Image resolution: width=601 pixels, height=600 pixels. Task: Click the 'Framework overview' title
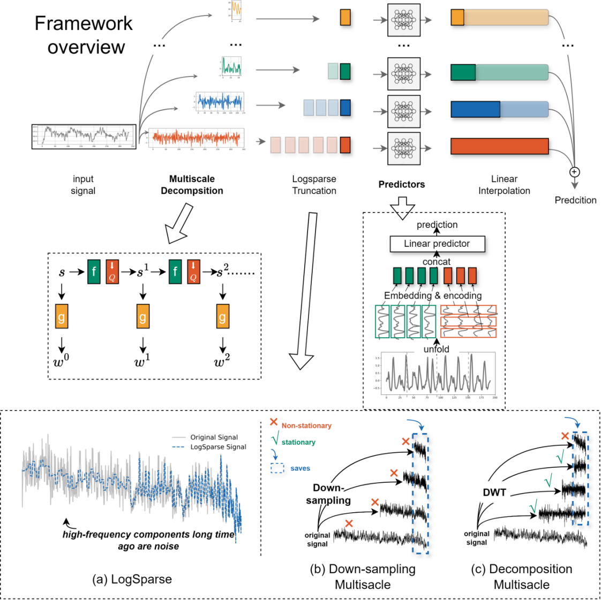(x=84, y=35)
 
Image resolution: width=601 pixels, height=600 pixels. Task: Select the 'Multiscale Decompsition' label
(x=192, y=185)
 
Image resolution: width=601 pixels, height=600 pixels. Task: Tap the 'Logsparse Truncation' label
(x=314, y=185)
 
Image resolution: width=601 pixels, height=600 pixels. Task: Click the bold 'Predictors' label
(x=401, y=184)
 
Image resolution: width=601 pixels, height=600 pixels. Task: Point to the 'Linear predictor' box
(x=437, y=244)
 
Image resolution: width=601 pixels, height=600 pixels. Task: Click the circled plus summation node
(x=574, y=172)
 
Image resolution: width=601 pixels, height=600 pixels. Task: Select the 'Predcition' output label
(x=575, y=200)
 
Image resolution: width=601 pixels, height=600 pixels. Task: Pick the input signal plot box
(x=84, y=136)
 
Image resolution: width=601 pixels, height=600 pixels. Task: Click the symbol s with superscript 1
(x=142, y=271)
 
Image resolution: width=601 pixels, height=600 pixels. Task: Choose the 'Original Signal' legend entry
(x=214, y=437)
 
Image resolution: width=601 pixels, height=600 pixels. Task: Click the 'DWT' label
(x=494, y=492)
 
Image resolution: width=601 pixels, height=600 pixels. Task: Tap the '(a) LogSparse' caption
(x=132, y=579)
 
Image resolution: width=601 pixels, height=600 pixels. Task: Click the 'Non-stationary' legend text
(x=306, y=426)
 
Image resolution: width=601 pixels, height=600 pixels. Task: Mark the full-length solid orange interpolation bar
(x=499, y=146)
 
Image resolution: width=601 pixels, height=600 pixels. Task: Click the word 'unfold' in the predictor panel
(x=436, y=349)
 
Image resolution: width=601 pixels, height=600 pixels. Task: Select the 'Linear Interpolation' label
(x=504, y=185)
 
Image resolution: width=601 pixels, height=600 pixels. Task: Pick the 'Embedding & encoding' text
(x=432, y=295)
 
